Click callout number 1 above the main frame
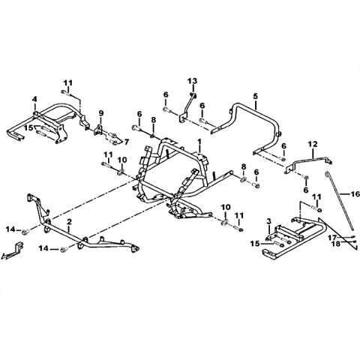[199, 142]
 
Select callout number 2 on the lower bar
[70, 221]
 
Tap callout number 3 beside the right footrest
[268, 221]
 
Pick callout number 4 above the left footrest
[34, 99]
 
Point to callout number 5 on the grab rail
[255, 96]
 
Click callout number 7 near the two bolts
[126, 142]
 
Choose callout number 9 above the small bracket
[100, 113]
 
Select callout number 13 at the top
[193, 81]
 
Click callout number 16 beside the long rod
[355, 193]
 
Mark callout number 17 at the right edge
[333, 237]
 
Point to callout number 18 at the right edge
[337, 243]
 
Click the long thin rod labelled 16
[339, 201]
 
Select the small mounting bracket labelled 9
[100, 130]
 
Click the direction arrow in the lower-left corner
[12, 250]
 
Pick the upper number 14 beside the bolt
[11, 229]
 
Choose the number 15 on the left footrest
[28, 127]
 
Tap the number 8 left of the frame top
[153, 120]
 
